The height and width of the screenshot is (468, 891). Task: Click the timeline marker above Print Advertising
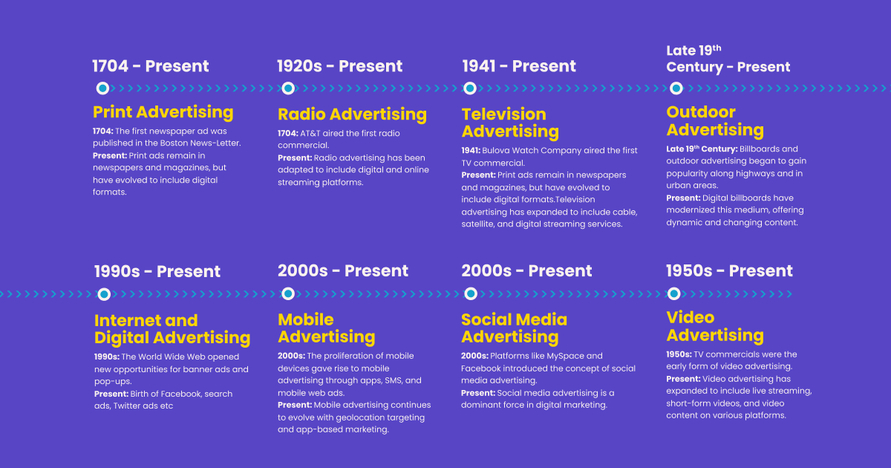tap(102, 88)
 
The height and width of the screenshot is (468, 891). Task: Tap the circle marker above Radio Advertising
tap(287, 88)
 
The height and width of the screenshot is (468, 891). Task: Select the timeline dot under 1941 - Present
tap(470, 88)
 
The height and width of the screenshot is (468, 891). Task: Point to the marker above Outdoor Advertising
tap(676, 88)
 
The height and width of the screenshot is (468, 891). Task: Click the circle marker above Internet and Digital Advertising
tap(104, 294)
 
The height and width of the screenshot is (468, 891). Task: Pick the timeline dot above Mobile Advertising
tap(287, 294)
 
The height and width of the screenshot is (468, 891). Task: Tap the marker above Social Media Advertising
tap(470, 294)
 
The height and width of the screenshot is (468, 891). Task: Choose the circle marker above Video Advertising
tap(673, 293)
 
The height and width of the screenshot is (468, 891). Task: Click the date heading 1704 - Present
tap(151, 66)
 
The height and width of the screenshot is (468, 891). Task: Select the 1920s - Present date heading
tap(339, 66)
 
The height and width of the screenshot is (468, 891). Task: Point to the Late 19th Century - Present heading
tap(728, 59)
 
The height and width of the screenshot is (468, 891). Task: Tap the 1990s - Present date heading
tap(157, 272)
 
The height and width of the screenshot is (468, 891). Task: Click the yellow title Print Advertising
tap(163, 112)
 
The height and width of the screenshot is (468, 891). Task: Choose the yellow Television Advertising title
tap(509, 123)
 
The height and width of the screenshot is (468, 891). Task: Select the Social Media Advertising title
tap(514, 328)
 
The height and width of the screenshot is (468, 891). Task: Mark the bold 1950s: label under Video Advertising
tap(679, 354)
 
